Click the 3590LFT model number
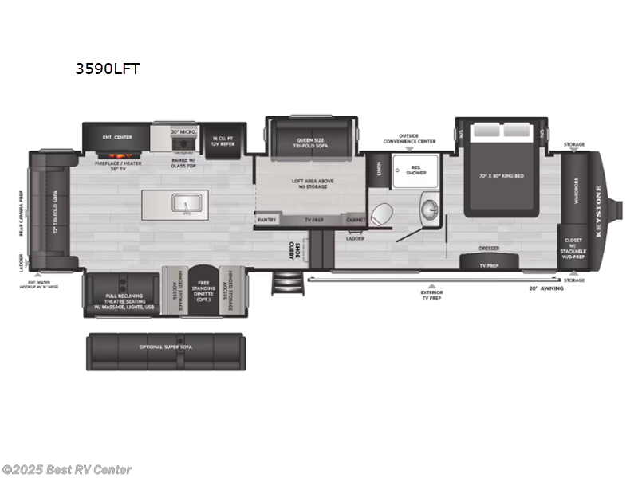pyautogui.click(x=107, y=69)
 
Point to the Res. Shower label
pyautogui.click(x=417, y=170)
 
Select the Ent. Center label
pyautogui.click(x=117, y=137)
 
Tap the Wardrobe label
pyautogui.click(x=576, y=192)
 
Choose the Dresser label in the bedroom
pyautogui.click(x=489, y=248)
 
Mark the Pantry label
pyautogui.click(x=268, y=219)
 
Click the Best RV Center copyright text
pyautogui.click(x=67, y=470)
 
